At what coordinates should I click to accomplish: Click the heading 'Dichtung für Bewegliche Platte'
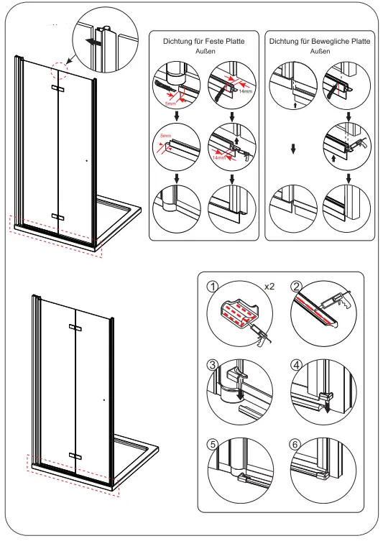pos(320,42)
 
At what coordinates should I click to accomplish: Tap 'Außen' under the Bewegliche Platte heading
pos(320,52)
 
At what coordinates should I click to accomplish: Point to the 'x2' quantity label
pos(270,286)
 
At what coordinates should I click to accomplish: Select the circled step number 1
pos(212,286)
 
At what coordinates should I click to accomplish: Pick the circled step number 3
pos(212,364)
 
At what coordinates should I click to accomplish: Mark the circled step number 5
pos(212,444)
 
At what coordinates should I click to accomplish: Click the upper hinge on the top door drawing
pos(57,88)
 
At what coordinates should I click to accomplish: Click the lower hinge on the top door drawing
pos(57,216)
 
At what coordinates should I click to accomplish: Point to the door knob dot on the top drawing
pos(86,161)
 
